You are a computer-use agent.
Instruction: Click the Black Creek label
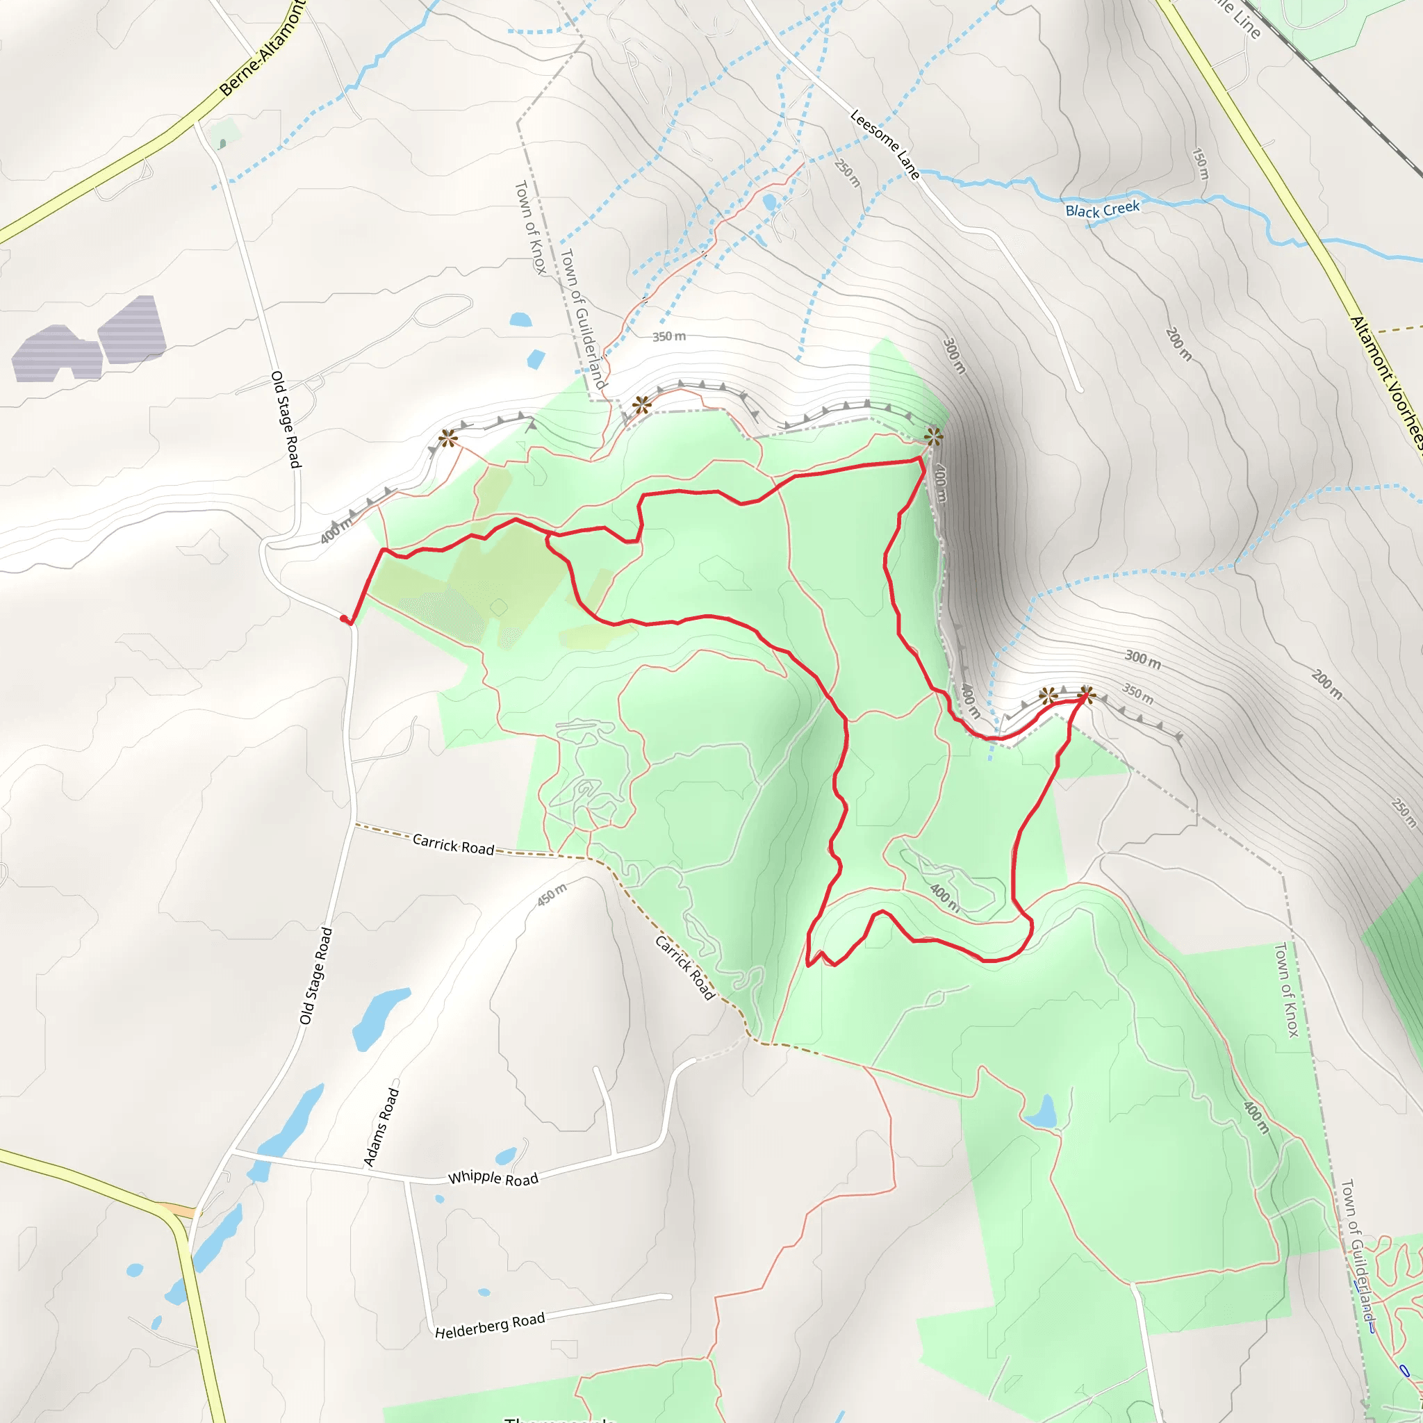(1102, 210)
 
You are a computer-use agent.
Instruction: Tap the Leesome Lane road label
(885, 145)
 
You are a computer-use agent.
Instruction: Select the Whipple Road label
(493, 1178)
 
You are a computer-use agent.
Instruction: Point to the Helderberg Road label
(489, 1326)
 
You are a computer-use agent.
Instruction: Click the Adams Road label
(381, 1127)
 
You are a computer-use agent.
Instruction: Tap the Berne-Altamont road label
(261, 50)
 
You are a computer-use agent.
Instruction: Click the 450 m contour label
(552, 894)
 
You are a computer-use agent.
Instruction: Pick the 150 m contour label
(1200, 163)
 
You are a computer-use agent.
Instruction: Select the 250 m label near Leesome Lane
(848, 173)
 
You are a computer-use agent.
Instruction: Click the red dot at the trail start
(344, 618)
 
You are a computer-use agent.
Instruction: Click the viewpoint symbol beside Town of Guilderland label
(641, 404)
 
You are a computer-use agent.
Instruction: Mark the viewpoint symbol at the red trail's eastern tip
(1086, 694)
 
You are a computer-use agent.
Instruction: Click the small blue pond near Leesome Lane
(770, 201)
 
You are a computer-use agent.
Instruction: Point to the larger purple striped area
(131, 331)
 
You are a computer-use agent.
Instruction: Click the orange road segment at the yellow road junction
(176, 1210)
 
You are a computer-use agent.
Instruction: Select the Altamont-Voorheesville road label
(1385, 382)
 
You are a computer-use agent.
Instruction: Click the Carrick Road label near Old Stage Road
(453, 844)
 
